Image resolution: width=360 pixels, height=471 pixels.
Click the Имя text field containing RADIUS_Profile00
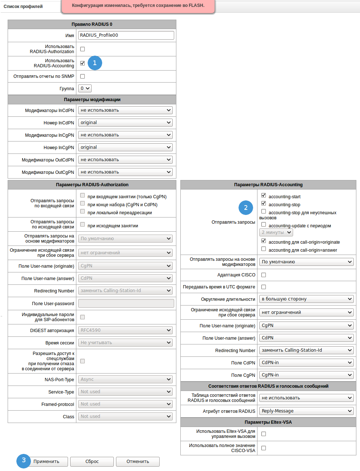[x=126, y=35]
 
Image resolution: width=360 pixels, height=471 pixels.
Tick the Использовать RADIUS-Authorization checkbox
[x=83, y=49]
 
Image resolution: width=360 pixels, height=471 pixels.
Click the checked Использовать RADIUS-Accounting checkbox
[x=83, y=63]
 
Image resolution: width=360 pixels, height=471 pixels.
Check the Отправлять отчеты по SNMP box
[x=83, y=76]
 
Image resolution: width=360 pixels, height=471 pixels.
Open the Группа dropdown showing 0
[x=85, y=88]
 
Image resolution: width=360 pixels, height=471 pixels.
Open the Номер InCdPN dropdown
[x=125, y=123]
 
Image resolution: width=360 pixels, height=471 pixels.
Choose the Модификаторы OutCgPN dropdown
[x=125, y=172]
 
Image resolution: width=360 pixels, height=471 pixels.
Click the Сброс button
[x=92, y=462]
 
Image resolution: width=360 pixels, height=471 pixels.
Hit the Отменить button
[x=138, y=462]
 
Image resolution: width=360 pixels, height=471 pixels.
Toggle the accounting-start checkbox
[x=264, y=195]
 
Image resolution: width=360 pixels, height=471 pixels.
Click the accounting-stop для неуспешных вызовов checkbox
[x=264, y=211]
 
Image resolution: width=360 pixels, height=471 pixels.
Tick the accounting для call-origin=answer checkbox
[x=264, y=249]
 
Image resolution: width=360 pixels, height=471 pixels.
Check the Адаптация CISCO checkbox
[x=264, y=275]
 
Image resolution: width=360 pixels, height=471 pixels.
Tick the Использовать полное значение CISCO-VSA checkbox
[x=264, y=448]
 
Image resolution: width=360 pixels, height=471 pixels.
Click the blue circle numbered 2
[x=246, y=208]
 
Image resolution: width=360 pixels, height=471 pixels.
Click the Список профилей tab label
[x=23, y=7]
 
